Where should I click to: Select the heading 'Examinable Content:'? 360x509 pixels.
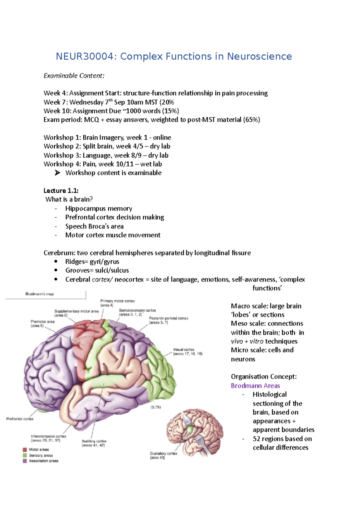pyautogui.click(x=74, y=76)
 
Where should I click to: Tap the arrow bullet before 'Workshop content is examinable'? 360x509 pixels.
pyautogui.click(x=57, y=173)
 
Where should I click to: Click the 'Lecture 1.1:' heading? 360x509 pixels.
pyautogui.click(x=61, y=191)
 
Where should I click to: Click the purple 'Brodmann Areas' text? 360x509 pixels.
pyautogui.click(x=255, y=385)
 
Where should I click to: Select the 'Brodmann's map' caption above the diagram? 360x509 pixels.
pyautogui.click(x=40, y=294)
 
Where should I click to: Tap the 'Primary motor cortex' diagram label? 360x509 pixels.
pyautogui.click(x=117, y=301)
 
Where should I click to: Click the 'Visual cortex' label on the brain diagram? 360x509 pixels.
pyautogui.click(x=184, y=350)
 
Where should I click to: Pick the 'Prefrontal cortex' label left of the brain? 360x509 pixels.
pyautogui.click(x=20, y=419)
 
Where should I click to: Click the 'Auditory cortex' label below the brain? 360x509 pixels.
pyautogui.click(x=94, y=441)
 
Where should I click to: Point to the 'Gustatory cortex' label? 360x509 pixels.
pyautogui.click(x=163, y=454)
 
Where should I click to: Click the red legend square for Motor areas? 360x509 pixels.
pyautogui.click(x=25, y=450)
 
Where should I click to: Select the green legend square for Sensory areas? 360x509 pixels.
pyautogui.click(x=25, y=455)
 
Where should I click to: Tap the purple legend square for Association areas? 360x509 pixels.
pyautogui.click(x=25, y=461)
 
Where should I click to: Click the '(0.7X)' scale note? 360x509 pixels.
pyautogui.click(x=156, y=407)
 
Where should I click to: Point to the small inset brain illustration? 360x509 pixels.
pyautogui.click(x=195, y=432)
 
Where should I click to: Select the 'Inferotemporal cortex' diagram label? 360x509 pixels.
pyautogui.click(x=48, y=436)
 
